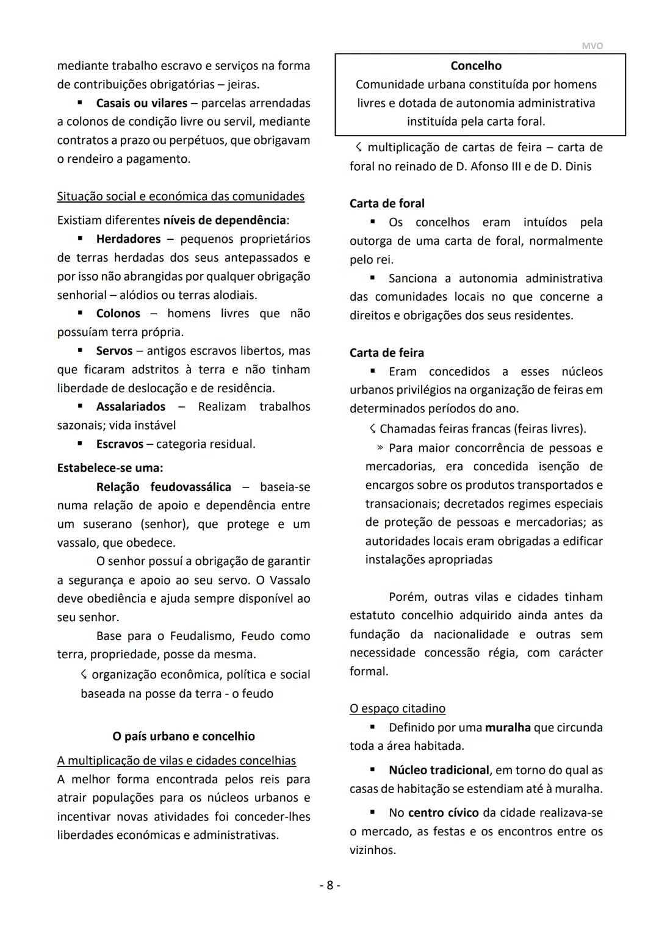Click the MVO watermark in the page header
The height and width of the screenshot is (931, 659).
[x=592, y=46]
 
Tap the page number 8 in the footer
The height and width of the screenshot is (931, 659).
[x=329, y=885]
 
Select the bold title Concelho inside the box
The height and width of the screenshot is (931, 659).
[x=476, y=65]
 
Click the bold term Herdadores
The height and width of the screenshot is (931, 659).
[x=128, y=239]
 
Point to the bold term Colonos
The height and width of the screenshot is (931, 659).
[x=118, y=313]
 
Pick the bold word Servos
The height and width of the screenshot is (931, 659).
[x=114, y=351]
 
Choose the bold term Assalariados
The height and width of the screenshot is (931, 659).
[x=131, y=406]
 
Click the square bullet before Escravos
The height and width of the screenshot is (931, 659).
[x=80, y=444]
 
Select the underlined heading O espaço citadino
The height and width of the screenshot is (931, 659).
[x=397, y=708]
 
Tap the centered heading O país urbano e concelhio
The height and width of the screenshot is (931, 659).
[x=184, y=736]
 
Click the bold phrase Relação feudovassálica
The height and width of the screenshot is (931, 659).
[x=164, y=487]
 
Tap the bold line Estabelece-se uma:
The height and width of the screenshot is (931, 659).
[x=110, y=468]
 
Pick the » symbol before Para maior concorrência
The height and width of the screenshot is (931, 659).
[x=380, y=448]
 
